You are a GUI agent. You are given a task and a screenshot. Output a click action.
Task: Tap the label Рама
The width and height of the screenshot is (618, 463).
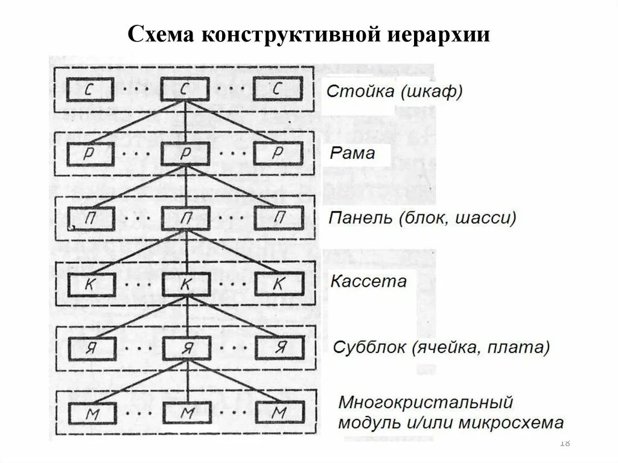(x=352, y=153)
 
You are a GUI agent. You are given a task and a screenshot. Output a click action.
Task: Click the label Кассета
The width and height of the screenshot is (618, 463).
(x=368, y=281)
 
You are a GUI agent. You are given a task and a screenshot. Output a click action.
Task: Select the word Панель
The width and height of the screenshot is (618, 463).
(x=360, y=218)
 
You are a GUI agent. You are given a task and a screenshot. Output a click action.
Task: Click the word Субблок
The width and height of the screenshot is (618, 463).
(x=369, y=348)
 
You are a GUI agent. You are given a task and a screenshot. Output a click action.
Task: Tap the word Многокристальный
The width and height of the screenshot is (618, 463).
(x=425, y=401)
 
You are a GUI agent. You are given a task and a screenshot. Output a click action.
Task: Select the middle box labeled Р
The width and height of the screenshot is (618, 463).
(x=186, y=154)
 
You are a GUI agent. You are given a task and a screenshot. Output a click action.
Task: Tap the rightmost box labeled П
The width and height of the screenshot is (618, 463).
(x=278, y=218)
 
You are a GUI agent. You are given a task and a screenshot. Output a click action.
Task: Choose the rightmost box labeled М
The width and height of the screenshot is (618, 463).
(x=279, y=413)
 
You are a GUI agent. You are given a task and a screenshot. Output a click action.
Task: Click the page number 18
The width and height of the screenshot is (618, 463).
(x=565, y=443)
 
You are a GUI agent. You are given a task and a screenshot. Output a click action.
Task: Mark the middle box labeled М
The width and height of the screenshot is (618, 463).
(x=186, y=413)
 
